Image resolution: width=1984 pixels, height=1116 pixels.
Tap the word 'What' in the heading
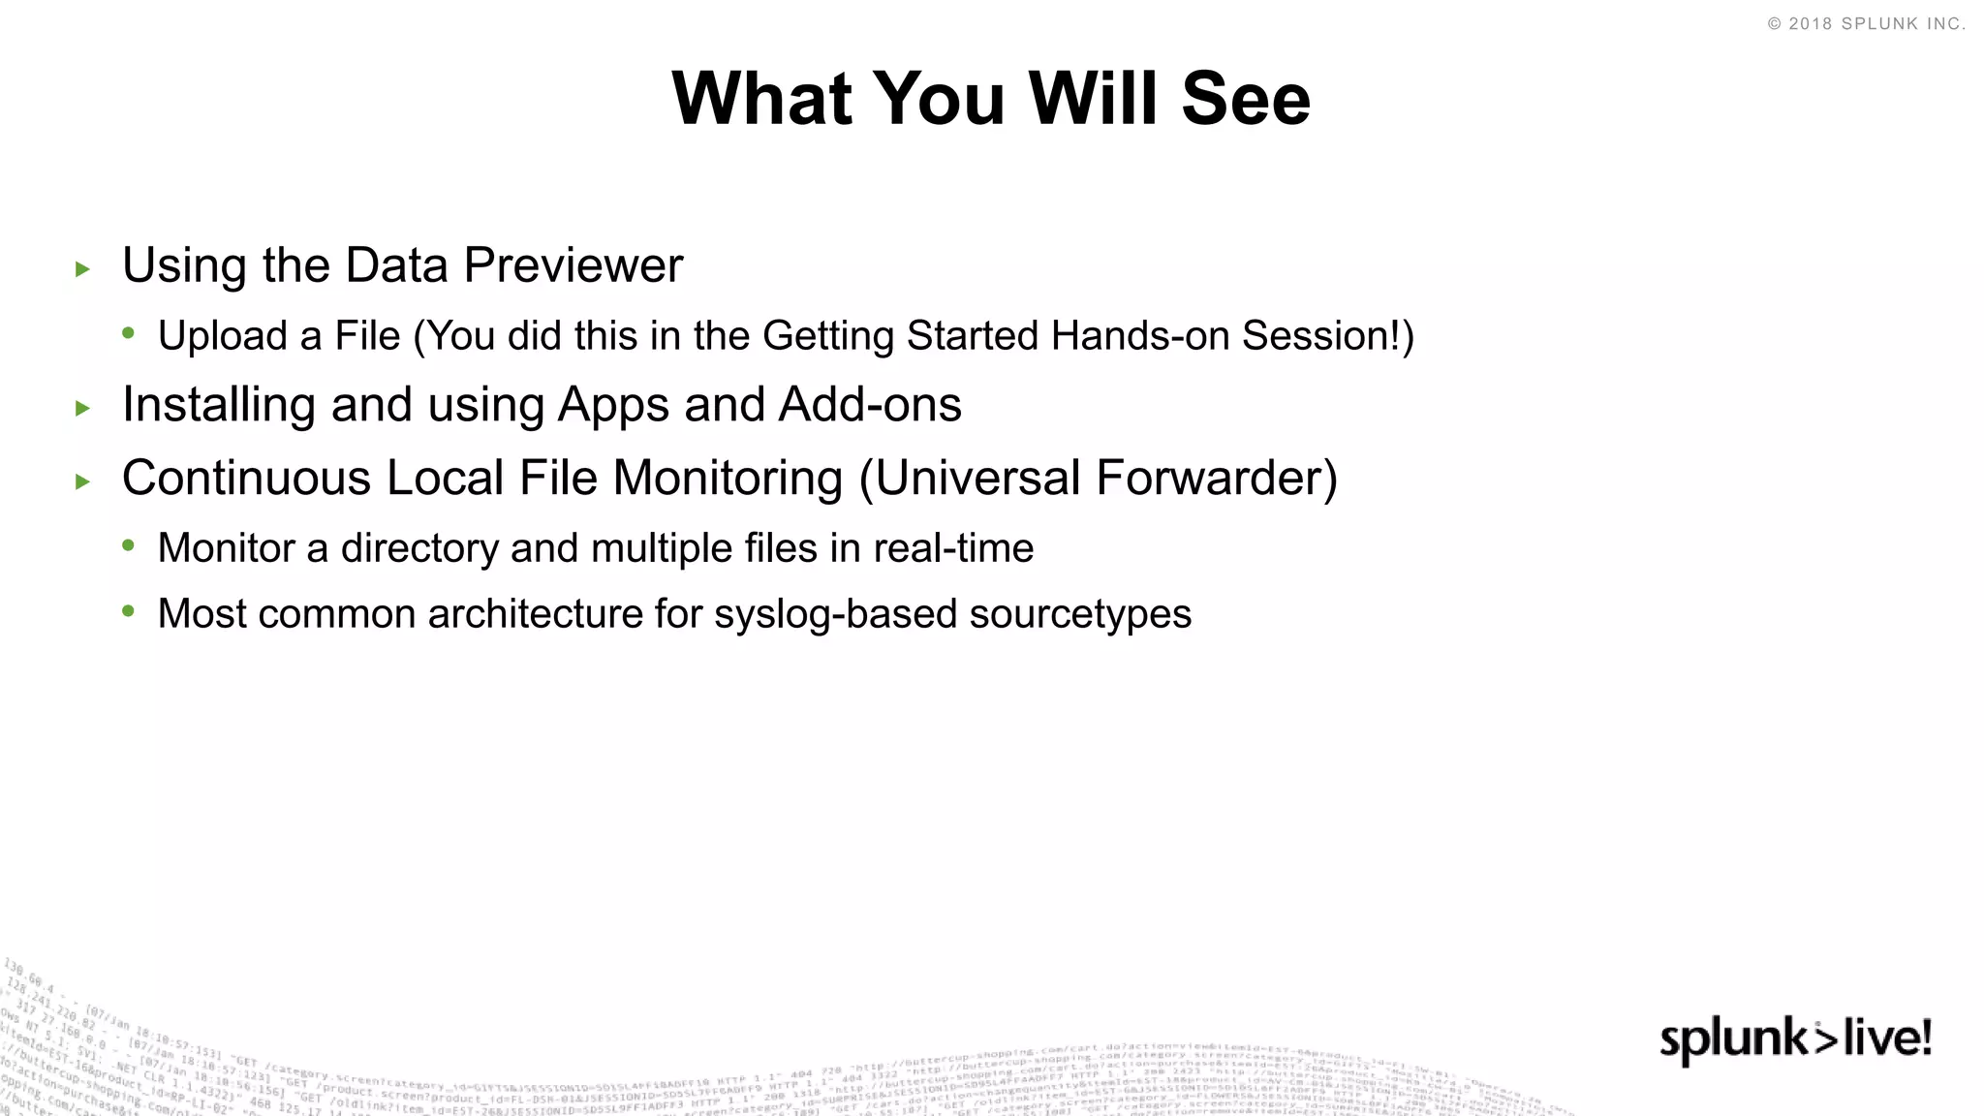761,99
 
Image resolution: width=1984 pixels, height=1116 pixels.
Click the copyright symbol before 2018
1774,24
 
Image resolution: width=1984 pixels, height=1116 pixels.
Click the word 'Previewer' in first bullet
573,265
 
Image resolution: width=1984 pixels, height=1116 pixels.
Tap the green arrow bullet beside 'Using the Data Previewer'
83,269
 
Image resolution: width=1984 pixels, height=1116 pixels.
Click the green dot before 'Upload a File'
129,333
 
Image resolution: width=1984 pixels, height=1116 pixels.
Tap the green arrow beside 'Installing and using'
83,409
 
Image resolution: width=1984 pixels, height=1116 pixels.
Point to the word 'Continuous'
246,478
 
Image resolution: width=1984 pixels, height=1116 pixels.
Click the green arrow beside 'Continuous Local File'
83,481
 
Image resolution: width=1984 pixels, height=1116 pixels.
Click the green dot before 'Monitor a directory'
129,545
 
